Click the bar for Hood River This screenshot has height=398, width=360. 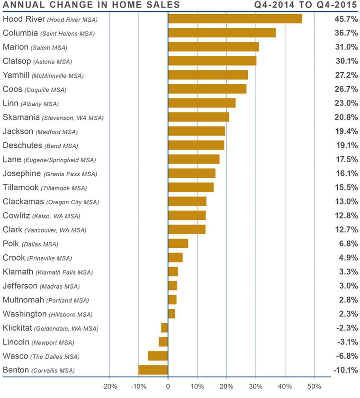tap(235, 18)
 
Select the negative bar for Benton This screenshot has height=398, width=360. tap(153, 370)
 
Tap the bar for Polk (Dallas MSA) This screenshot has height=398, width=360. tap(178, 244)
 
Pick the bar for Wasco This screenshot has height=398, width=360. tap(158, 356)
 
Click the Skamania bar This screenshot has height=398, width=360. tap(198, 117)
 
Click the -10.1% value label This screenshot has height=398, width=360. tap(342, 370)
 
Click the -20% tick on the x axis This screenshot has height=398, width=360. tap(109, 386)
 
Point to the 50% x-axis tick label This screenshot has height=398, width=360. tap(315, 386)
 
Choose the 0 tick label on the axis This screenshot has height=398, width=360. tap(168, 386)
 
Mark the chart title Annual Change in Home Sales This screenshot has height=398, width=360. tap(91, 5)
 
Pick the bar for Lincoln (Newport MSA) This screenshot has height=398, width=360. tap(163, 342)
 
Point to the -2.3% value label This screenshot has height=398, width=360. tap(344, 328)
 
